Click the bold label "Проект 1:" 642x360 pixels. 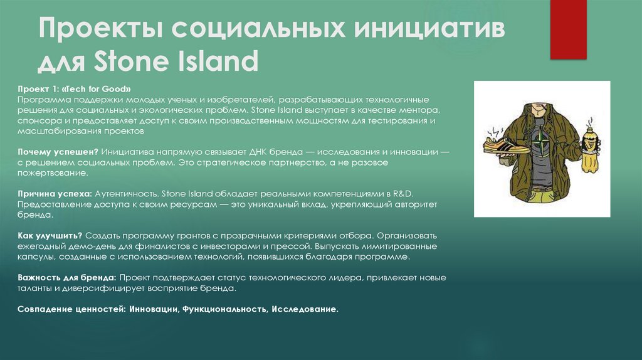(x=37, y=90)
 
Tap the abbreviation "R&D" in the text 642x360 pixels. (x=405, y=194)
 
